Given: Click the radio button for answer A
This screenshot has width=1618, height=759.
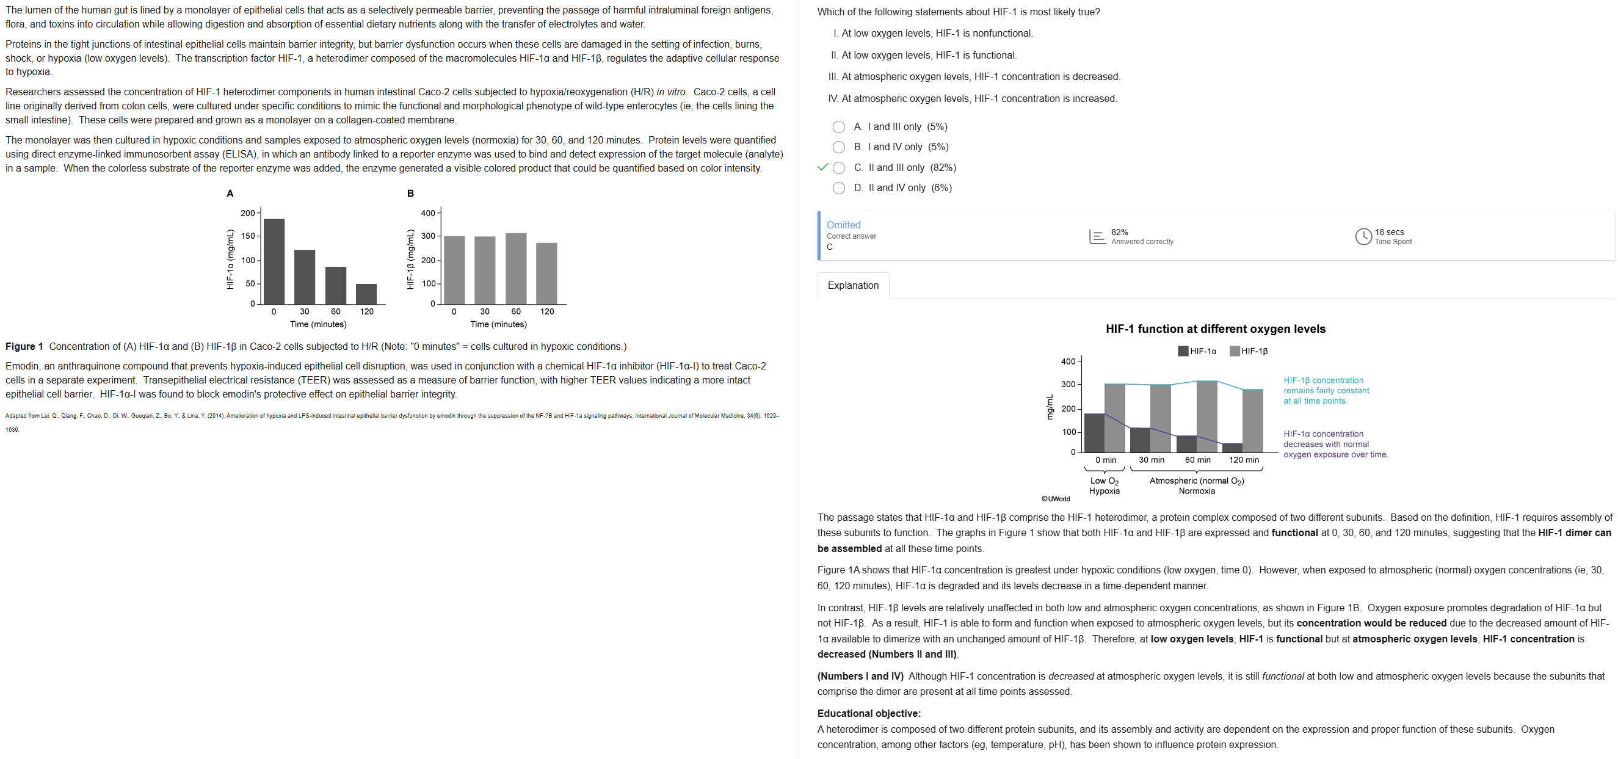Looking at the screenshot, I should click(838, 127).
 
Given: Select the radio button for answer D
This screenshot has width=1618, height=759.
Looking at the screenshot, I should click(838, 188).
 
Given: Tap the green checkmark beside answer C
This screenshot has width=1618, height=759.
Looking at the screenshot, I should click(823, 167).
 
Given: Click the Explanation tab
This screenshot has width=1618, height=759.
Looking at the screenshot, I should click(853, 285).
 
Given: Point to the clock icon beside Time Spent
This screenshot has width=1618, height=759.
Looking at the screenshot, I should click(1363, 236).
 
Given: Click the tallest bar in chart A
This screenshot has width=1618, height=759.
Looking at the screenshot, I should click(274, 261).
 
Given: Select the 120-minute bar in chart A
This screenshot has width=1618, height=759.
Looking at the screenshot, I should click(366, 294).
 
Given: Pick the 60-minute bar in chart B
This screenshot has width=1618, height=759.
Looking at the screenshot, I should click(516, 268).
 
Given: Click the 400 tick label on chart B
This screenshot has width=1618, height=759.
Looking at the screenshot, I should click(428, 213).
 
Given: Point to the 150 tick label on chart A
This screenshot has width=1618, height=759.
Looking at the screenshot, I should click(247, 236).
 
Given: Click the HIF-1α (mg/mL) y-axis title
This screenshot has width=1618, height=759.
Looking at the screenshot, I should click(231, 259).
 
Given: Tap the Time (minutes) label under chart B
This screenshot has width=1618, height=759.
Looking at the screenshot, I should click(498, 324).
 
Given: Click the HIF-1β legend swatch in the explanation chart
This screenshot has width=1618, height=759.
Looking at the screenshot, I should click(1234, 351).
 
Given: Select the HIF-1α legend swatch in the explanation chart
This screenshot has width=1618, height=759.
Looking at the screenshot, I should click(1183, 351).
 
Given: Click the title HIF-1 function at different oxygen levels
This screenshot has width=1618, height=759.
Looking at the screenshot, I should click(1216, 329).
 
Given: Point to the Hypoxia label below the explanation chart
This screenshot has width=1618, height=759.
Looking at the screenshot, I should click(1105, 491).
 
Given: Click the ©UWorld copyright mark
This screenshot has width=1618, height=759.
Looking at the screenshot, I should click(1055, 499).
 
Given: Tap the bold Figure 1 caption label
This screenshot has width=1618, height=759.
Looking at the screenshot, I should click(24, 346).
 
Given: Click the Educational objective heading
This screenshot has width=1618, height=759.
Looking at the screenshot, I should click(869, 713).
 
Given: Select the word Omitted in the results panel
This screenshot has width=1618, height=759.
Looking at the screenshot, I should click(843, 225).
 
